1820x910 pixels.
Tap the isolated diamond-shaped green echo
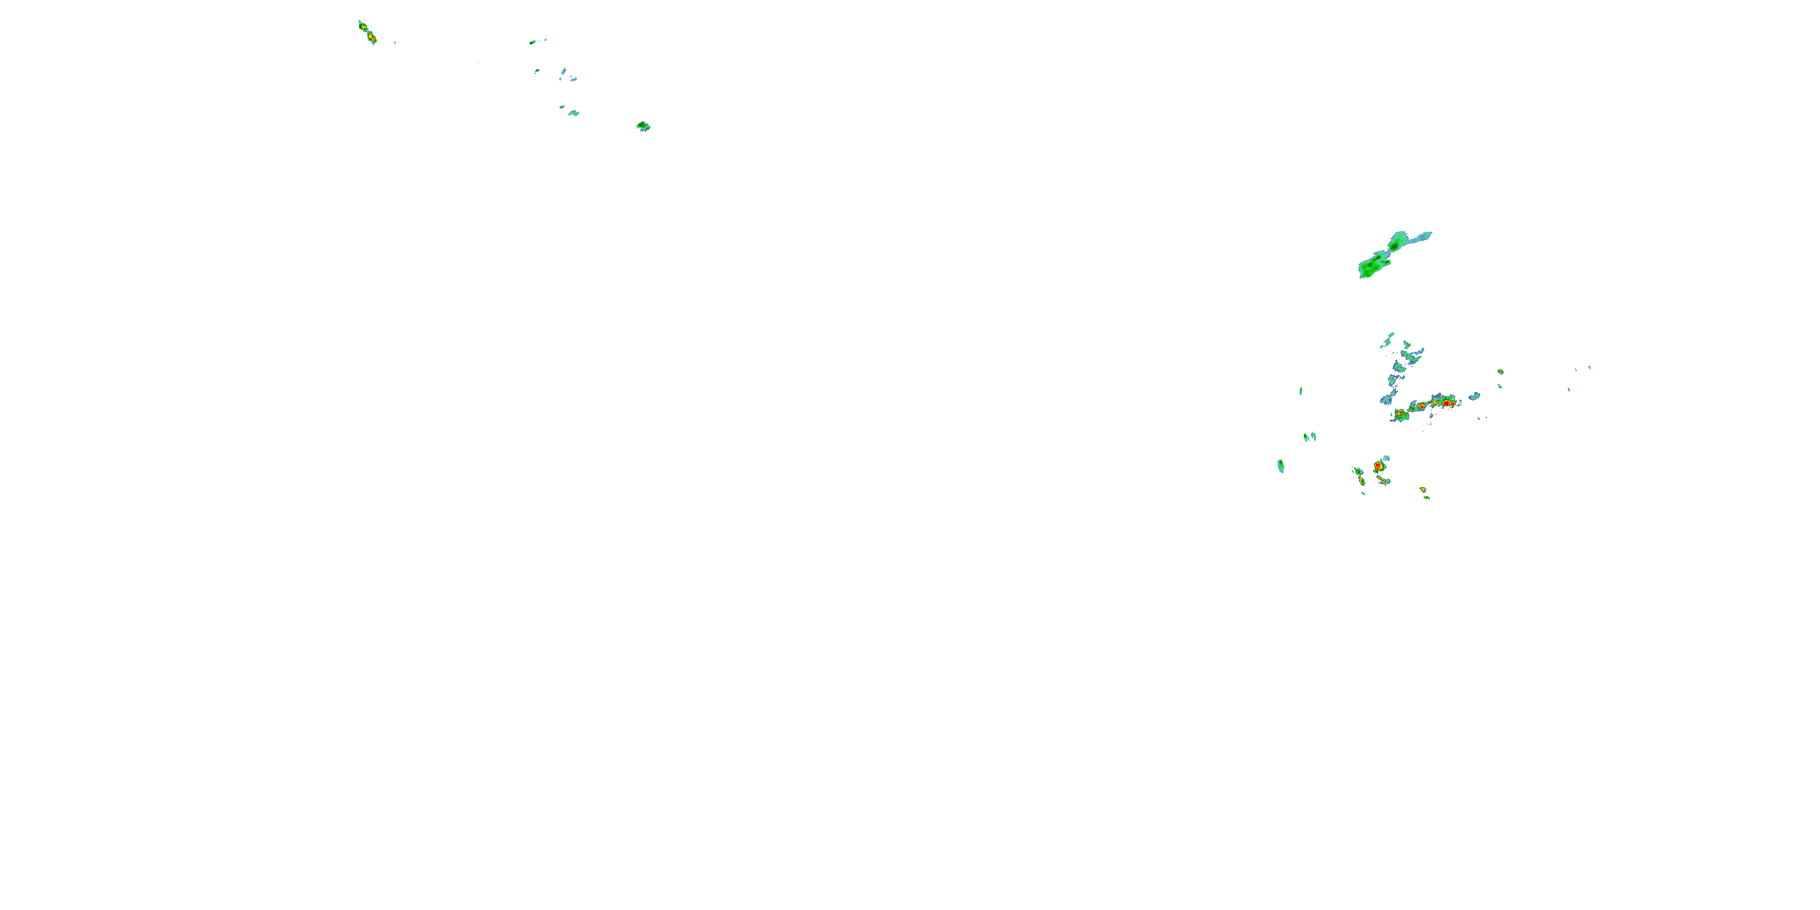click(643, 126)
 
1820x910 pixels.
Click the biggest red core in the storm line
click(1446, 403)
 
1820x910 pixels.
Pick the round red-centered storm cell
click(1378, 467)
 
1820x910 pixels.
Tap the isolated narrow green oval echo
click(1280, 465)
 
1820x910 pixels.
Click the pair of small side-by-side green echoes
click(1309, 437)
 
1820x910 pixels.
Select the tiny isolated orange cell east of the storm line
click(1500, 372)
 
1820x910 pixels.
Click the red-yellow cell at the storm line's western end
click(1400, 414)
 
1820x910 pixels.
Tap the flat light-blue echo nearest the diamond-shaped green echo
click(573, 112)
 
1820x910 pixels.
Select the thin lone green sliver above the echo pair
click(1301, 390)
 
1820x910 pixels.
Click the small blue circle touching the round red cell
click(1387, 459)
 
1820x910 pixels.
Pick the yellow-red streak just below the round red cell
click(1382, 481)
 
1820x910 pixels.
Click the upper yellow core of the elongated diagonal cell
click(363, 27)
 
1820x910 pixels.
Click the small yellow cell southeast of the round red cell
click(1423, 490)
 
